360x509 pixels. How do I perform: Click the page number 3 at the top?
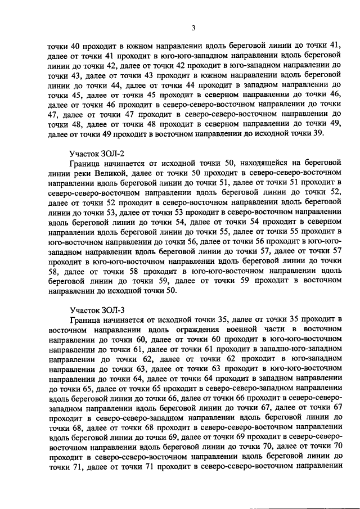(193, 28)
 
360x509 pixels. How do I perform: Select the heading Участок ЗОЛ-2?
(96, 152)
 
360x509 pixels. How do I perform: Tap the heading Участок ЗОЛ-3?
(96, 309)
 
